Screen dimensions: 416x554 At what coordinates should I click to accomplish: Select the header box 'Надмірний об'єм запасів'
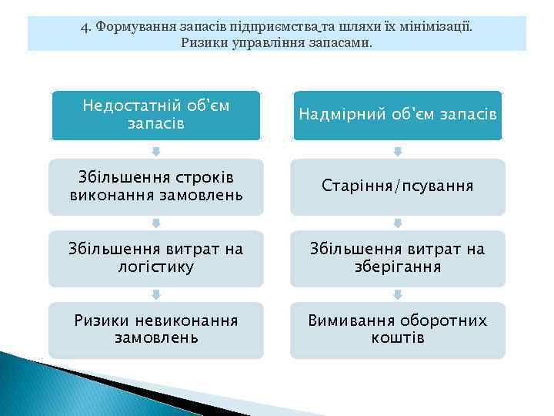pyautogui.click(x=397, y=115)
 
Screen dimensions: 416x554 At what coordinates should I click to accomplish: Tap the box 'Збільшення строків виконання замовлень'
pyautogui.click(x=155, y=186)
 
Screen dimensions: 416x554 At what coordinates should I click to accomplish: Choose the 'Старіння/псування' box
pyautogui.click(x=397, y=186)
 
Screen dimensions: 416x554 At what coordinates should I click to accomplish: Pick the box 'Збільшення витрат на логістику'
pyautogui.click(x=155, y=258)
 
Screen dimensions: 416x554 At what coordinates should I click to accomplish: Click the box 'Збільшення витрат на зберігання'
pyautogui.click(x=397, y=258)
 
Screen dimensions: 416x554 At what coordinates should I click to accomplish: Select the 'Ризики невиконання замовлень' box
pyautogui.click(x=155, y=329)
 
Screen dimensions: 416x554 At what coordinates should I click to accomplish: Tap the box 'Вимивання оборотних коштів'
pyautogui.click(x=397, y=329)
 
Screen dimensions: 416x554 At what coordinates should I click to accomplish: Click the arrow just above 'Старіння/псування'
pyautogui.click(x=398, y=150)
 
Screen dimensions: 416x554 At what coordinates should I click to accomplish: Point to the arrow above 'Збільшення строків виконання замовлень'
pyautogui.click(x=156, y=150)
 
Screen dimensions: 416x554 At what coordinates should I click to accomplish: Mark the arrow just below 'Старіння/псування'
pyautogui.click(x=398, y=223)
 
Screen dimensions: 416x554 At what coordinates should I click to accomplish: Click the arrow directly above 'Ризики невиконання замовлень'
pyautogui.click(x=156, y=294)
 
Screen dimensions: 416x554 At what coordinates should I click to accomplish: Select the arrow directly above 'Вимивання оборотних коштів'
pyautogui.click(x=398, y=294)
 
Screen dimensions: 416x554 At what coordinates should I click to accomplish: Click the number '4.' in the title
pyautogui.click(x=85, y=26)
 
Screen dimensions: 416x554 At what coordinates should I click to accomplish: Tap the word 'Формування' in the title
pyautogui.click(x=132, y=26)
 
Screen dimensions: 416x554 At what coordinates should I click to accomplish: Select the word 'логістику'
pyautogui.click(x=155, y=267)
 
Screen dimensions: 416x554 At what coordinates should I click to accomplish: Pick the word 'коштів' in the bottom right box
pyautogui.click(x=397, y=338)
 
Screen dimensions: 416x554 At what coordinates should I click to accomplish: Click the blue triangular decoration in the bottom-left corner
pyautogui.click(x=46, y=385)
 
